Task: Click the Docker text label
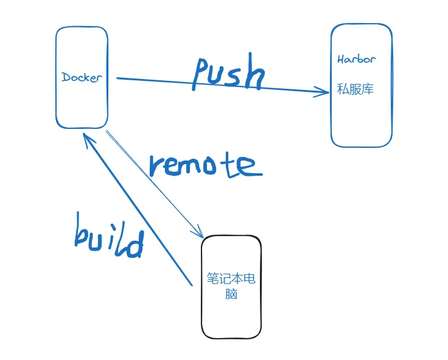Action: tap(82, 78)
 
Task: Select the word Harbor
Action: tap(356, 60)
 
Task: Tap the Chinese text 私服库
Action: tap(355, 89)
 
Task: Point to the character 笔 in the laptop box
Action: tap(212, 279)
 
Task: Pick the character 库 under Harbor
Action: tap(367, 89)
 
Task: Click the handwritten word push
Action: tap(229, 74)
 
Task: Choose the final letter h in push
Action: tap(256, 76)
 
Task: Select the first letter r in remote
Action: tap(157, 167)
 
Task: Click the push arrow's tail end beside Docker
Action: tap(117, 78)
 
